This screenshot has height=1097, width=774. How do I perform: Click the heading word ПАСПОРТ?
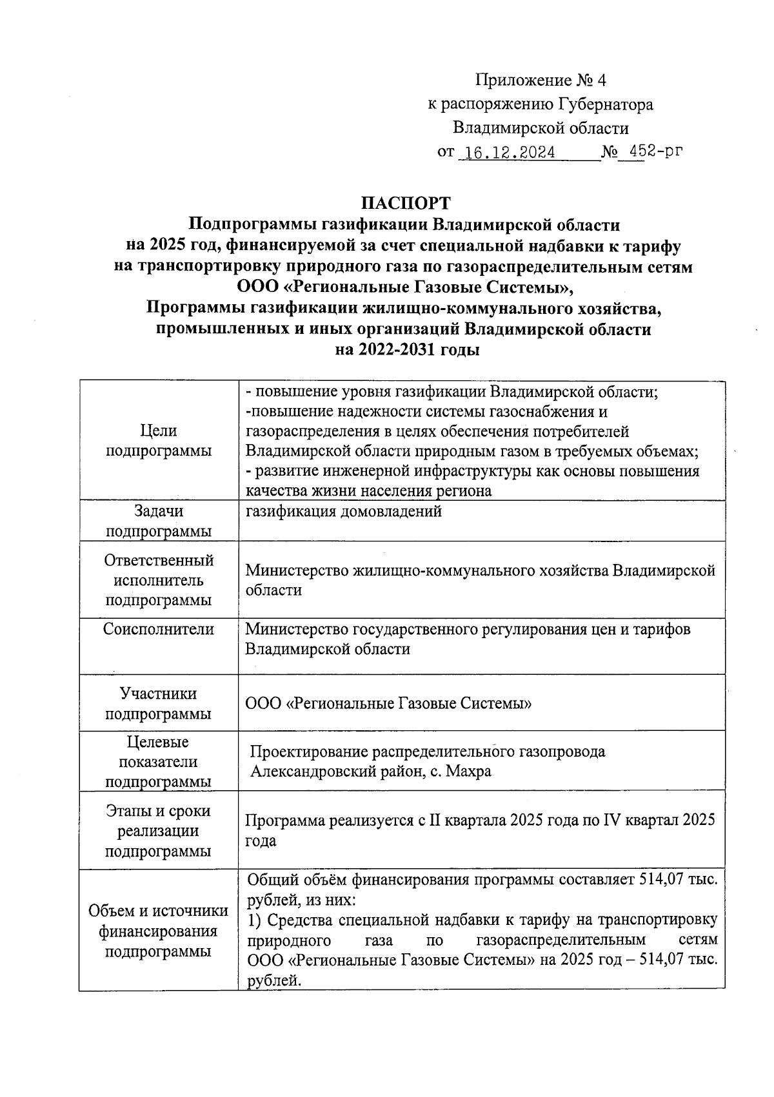[x=404, y=203]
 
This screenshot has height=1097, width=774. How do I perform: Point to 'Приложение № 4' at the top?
[x=541, y=81]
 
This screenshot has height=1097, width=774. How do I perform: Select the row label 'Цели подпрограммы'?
[x=159, y=441]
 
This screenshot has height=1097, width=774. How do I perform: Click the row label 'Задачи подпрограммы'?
[x=159, y=521]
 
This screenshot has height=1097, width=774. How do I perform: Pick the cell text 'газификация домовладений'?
[x=344, y=512]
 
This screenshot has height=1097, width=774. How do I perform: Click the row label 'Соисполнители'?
[x=159, y=629]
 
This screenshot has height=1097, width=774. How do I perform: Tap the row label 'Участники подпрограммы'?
[x=159, y=704]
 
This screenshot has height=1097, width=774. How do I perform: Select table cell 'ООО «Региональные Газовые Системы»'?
[x=388, y=704]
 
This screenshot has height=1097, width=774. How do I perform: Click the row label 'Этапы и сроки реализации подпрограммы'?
[x=159, y=831]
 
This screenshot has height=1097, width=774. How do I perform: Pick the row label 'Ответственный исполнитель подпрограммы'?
[x=159, y=580]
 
